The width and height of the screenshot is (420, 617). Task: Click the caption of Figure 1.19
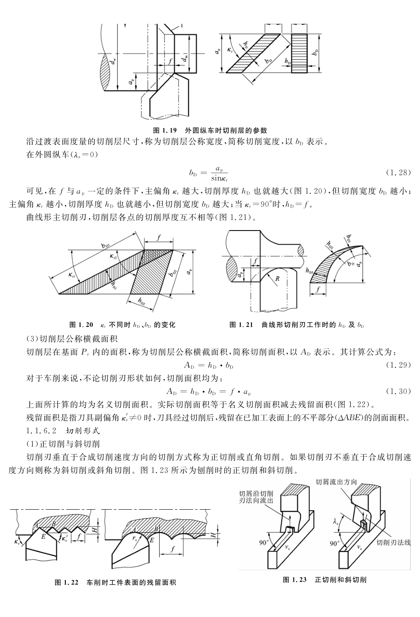210,130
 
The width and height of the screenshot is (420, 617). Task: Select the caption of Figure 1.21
297,325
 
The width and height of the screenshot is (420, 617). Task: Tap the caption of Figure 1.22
115,583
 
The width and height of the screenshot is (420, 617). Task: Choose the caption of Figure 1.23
325,579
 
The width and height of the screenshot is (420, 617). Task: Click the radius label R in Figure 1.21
277,279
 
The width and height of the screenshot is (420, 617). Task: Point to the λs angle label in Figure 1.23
336,522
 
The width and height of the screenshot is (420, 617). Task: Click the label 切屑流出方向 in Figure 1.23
336,482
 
